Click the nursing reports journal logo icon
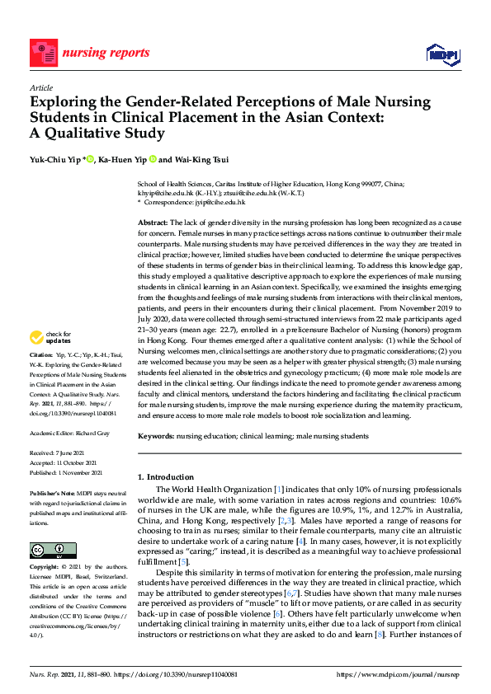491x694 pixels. click(42, 50)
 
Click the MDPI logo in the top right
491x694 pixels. click(441, 54)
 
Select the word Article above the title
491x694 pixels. click(40, 87)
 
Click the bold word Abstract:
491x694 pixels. click(152, 223)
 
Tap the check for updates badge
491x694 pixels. click(50, 337)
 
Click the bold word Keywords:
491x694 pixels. click(156, 435)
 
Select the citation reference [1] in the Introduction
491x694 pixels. click(281, 490)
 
